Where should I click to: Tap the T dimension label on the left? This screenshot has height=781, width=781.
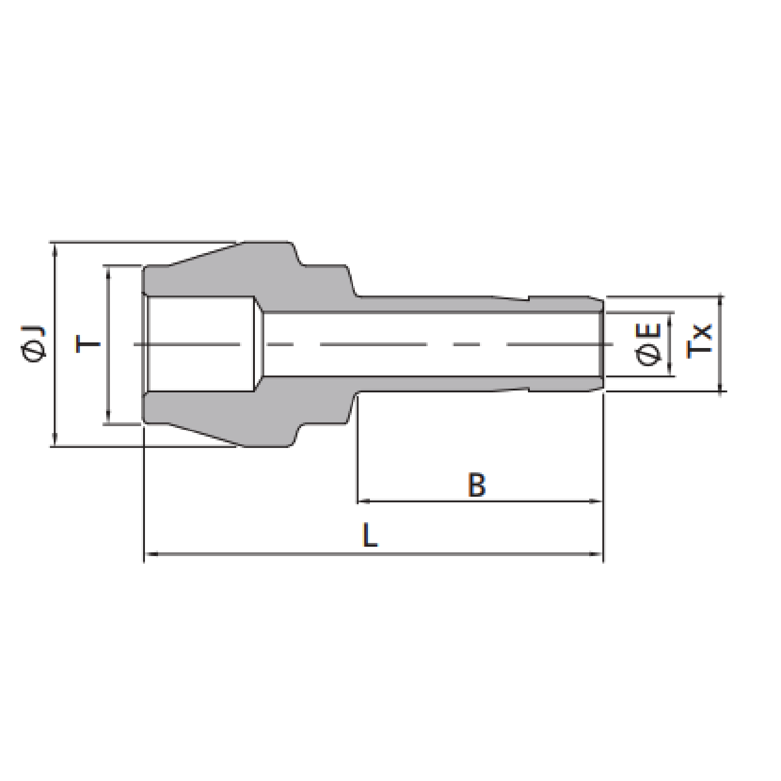click(x=87, y=344)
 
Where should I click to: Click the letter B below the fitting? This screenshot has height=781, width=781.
click(x=477, y=485)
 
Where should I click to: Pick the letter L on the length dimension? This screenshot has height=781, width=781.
click(x=371, y=536)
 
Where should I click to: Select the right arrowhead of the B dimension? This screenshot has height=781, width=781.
click(x=596, y=500)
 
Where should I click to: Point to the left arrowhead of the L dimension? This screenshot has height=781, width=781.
click(x=151, y=553)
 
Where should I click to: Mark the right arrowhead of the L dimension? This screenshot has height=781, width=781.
click(x=596, y=553)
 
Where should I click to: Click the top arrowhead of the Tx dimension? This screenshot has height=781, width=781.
click(x=721, y=302)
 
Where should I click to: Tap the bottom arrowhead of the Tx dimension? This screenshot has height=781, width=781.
click(x=721, y=386)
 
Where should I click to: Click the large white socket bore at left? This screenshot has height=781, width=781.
click(x=200, y=344)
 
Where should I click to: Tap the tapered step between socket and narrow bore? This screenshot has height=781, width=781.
click(x=258, y=344)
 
